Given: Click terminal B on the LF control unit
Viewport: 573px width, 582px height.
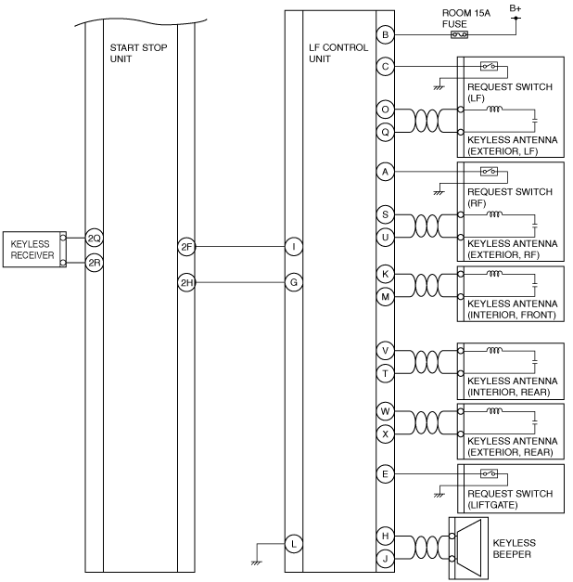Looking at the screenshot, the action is tap(385, 35).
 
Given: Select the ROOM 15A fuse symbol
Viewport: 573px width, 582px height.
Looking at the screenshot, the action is tap(459, 35).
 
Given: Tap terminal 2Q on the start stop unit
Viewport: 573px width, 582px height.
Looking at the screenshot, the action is tap(95, 238).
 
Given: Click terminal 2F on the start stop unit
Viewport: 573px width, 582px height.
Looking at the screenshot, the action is tap(186, 247).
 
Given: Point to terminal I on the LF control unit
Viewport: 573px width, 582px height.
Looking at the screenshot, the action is tap(294, 247).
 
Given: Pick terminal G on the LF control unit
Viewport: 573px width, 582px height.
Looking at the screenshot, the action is tap(294, 282).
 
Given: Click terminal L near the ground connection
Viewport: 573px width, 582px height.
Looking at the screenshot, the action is tap(294, 544).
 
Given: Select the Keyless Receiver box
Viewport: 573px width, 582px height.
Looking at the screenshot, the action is tap(34, 250).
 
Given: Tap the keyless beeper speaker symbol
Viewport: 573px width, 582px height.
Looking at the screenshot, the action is tap(469, 549).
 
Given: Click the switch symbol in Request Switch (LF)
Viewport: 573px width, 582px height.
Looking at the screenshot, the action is tap(489, 66).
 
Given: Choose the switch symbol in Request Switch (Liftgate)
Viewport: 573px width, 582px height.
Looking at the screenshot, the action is tap(489, 473).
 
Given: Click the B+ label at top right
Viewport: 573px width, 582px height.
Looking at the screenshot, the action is tap(516, 8).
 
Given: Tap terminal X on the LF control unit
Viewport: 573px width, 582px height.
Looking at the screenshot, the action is tap(385, 433).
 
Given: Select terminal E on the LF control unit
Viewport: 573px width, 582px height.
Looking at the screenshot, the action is tap(385, 474).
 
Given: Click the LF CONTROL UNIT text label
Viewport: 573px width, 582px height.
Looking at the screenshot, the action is tap(338, 53).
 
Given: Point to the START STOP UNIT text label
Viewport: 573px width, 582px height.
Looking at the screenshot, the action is tap(138, 53).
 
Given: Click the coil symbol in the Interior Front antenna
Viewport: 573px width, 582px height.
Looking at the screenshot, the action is tap(494, 274).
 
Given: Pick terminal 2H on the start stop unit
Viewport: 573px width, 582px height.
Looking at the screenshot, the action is tap(186, 282).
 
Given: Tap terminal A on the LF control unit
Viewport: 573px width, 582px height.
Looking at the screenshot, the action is tap(385, 172).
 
